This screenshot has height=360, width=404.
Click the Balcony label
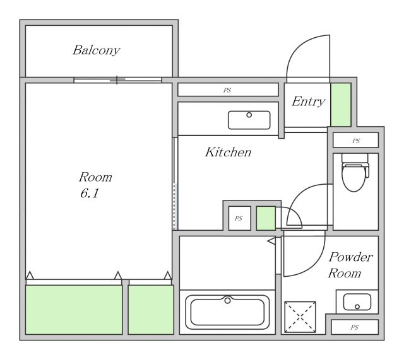[97, 50]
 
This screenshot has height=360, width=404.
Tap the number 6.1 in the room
[90, 194]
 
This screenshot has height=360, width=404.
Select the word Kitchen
[229, 152]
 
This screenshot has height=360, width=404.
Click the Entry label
[309, 102]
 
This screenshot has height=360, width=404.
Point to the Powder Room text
[350, 265]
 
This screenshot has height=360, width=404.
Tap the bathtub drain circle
[227, 300]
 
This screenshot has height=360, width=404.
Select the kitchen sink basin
[249, 120]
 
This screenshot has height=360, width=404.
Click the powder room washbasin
[357, 302]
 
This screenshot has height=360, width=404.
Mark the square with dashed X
[300, 317]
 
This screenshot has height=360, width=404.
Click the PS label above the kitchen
[227, 90]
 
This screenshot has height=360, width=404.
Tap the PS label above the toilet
[356, 141]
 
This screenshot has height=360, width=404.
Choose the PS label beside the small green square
[239, 219]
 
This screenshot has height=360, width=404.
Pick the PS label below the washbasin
[355, 327]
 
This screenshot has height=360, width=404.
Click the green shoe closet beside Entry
[341, 105]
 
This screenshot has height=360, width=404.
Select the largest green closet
[74, 310]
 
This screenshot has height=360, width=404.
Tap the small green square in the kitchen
[266, 219]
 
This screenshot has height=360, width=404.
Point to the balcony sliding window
[118, 80]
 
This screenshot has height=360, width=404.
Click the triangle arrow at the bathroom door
[271, 241]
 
